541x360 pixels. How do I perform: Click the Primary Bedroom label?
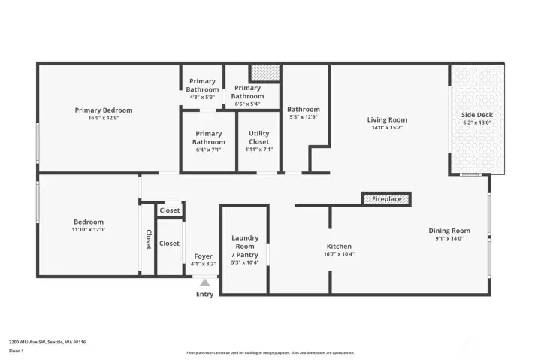pyautogui.click(x=104, y=110)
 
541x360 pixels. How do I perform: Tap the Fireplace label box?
pyautogui.click(x=386, y=199)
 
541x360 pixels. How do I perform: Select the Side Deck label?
pyautogui.click(x=476, y=115)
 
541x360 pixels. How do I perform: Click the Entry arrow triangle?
pyautogui.click(x=204, y=283)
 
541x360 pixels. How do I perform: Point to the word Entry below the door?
pyautogui.click(x=204, y=294)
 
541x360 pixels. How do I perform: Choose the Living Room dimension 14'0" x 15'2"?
pyautogui.click(x=387, y=128)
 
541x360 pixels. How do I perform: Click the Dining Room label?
pyautogui.click(x=449, y=231)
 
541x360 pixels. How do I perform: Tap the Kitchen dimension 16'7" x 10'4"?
pyautogui.click(x=339, y=254)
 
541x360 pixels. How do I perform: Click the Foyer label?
pyautogui.click(x=204, y=256)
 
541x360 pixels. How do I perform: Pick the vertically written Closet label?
pyautogui.click(x=148, y=239)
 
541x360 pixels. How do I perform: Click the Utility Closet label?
pyautogui.click(x=258, y=138)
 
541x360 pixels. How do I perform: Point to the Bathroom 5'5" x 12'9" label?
pyautogui.click(x=304, y=109)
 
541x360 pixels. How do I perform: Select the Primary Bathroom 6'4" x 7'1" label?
pyautogui.click(x=209, y=138)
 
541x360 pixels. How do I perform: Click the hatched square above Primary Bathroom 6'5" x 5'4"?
pyautogui.click(x=264, y=71)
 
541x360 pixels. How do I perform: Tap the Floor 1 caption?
pyautogui.click(x=17, y=351)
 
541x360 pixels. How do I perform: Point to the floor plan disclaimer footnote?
pyautogui.click(x=270, y=353)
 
